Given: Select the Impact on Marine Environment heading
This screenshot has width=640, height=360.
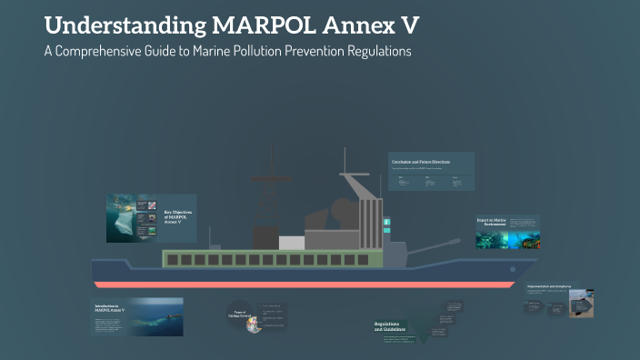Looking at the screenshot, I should [x=492, y=222].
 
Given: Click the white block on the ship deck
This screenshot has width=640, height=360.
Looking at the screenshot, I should [x=291, y=243].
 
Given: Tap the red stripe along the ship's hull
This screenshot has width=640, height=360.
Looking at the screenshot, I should [x=300, y=285].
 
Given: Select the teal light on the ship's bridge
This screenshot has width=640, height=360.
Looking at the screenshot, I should [x=386, y=221].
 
